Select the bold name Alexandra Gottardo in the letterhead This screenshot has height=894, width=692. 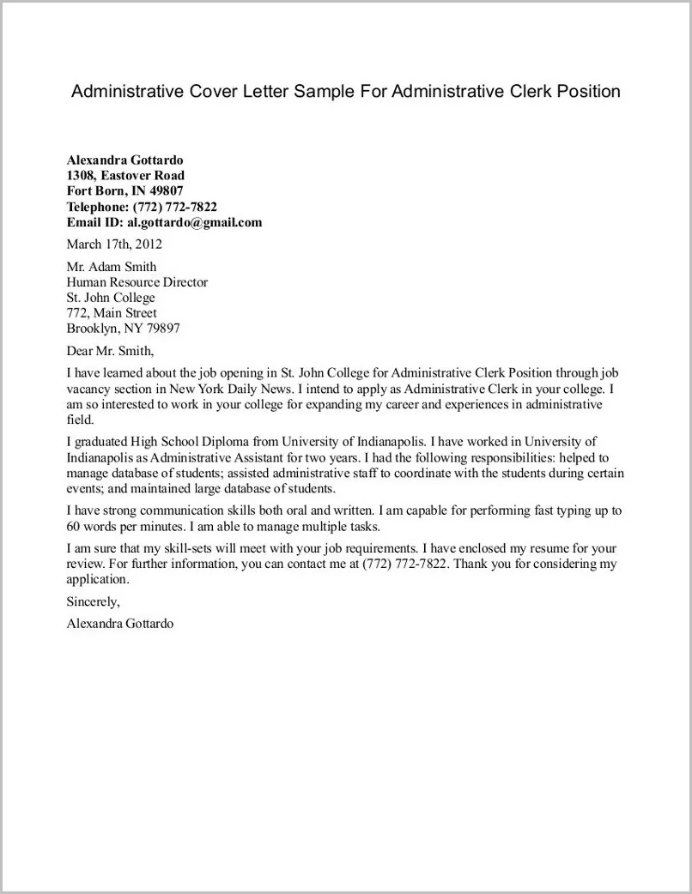pos(124,160)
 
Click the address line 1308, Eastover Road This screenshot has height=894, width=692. pos(125,176)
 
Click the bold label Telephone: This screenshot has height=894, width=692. pos(98,207)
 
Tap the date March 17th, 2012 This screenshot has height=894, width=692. pos(114,244)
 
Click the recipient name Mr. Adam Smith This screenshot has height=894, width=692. pos(112,267)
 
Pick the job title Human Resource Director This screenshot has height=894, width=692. pos(137,282)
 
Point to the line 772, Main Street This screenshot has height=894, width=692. pos(112,313)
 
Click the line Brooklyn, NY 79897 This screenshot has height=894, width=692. pos(123,329)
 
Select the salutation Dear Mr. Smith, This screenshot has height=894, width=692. pos(110,350)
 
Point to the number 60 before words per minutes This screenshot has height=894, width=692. pos(74,526)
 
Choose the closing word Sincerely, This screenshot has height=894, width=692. pos(94,601)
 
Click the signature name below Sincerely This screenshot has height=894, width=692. pos(120,624)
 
